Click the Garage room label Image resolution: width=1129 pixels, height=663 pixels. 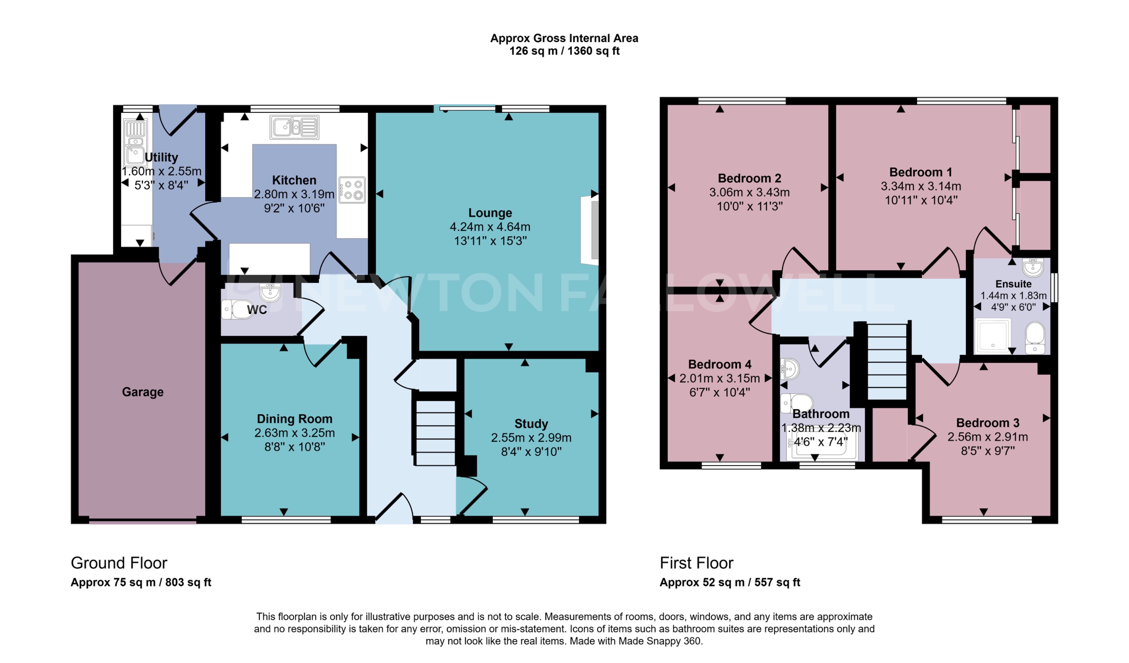pyautogui.click(x=143, y=392)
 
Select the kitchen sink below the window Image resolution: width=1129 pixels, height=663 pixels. pyautogui.click(x=294, y=127)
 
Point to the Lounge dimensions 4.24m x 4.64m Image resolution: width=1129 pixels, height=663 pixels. pyautogui.click(x=490, y=227)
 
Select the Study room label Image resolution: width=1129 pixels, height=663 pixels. pyautogui.click(x=531, y=423)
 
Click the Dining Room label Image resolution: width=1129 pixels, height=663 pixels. pyautogui.click(x=294, y=419)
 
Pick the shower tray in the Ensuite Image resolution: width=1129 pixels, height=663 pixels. pyautogui.click(x=993, y=335)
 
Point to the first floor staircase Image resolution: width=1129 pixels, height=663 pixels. pyautogui.click(x=887, y=361)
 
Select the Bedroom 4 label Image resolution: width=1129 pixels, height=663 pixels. pyautogui.click(x=720, y=364)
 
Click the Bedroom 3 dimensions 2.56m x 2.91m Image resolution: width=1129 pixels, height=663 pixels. pyautogui.click(x=987, y=437)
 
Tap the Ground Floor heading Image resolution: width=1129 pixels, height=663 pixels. pyautogui.click(x=119, y=563)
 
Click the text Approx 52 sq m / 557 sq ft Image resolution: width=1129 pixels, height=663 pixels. pyautogui.click(x=729, y=582)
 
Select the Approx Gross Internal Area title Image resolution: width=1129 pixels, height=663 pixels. pyautogui.click(x=564, y=38)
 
